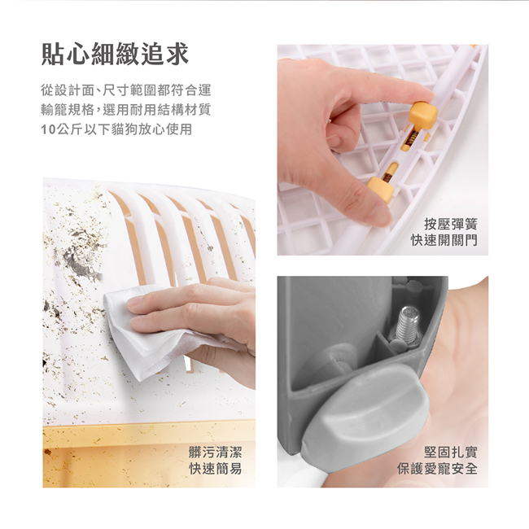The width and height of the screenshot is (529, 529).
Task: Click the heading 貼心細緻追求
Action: [115, 54]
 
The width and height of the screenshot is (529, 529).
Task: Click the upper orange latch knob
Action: [423, 116]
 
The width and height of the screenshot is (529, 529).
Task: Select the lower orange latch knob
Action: [380, 190]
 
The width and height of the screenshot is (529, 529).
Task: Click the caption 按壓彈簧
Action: [451, 224]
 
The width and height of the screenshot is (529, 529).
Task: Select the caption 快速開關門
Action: [444, 240]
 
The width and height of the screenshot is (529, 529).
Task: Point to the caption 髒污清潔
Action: [215, 452]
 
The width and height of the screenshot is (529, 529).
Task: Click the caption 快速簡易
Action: [215, 469]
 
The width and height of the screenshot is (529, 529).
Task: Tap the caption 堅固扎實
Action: [451, 452]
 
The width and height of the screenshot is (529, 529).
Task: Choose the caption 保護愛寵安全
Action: [438, 469]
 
